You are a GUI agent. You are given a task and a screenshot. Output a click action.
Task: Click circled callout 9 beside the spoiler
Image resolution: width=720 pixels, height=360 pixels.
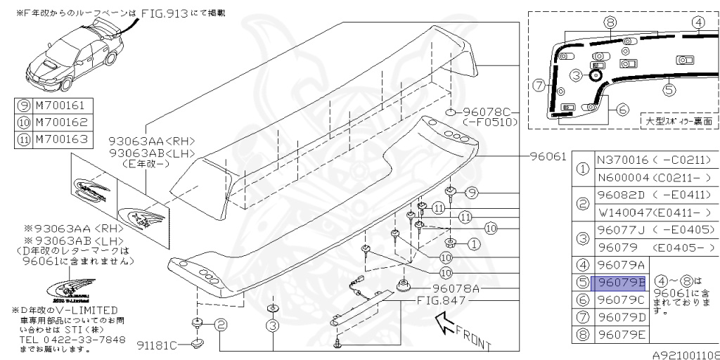[471, 191]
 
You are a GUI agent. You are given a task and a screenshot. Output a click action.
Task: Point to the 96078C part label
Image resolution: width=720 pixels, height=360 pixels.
[489, 112]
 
